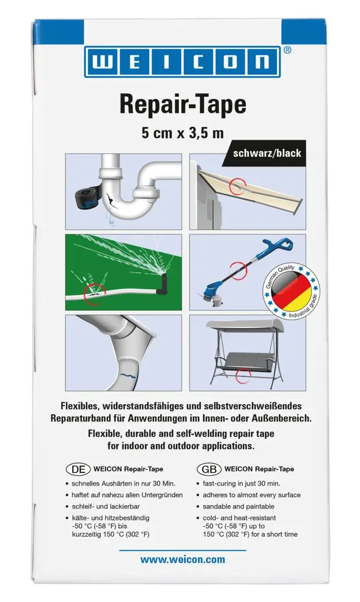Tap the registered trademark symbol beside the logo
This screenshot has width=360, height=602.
tap(288, 50)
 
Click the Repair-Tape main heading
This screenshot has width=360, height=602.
tap(182, 105)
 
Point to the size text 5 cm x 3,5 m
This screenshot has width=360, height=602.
tap(182, 133)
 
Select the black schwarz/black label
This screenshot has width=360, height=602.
tap(267, 154)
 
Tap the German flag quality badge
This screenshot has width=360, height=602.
tap(292, 291)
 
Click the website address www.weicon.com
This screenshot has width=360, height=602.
tap(182, 559)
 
